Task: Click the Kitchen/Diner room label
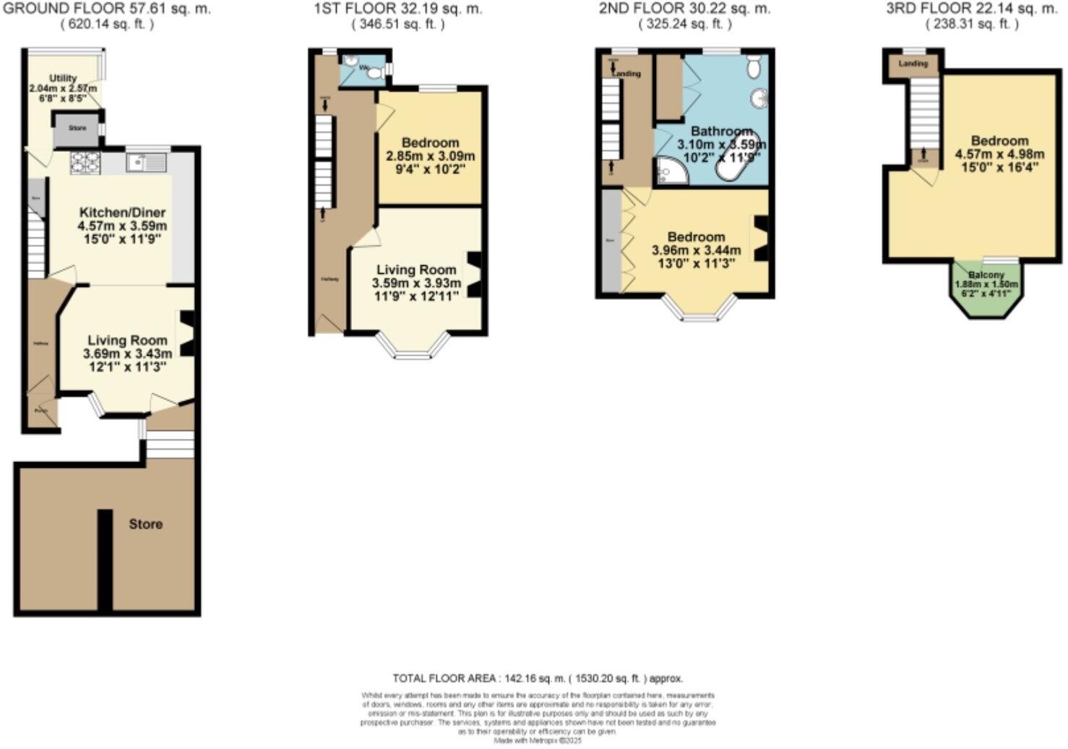coord(122,213)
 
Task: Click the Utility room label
coord(63,78)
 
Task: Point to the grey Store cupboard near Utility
coord(77,129)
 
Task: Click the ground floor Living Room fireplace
coord(187,333)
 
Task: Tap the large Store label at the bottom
coord(145,524)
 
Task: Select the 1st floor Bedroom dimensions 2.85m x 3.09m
coord(430,156)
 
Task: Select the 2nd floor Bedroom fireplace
coord(761,239)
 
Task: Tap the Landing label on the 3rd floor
coord(913,64)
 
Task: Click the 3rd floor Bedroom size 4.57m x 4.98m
coord(999,155)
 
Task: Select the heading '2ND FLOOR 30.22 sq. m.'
coord(684,9)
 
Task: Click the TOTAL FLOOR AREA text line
coord(537,678)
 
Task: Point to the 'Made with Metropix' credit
coord(537,740)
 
